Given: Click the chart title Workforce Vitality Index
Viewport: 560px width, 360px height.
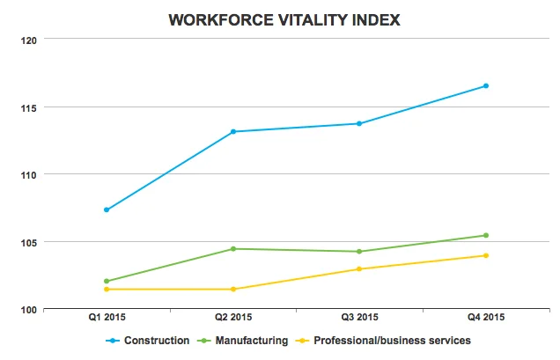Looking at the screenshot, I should click(x=279, y=19).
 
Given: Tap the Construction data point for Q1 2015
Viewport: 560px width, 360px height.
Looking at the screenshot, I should click(x=107, y=209).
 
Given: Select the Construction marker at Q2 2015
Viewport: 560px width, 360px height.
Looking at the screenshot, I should click(x=233, y=131).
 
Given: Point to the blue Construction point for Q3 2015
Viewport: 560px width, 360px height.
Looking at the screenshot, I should click(x=358, y=123).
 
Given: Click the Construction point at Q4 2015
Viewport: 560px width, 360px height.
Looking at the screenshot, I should click(x=485, y=85).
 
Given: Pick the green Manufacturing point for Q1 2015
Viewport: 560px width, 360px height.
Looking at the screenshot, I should click(x=107, y=281).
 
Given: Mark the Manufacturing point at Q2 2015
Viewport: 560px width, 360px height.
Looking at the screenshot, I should click(x=233, y=248).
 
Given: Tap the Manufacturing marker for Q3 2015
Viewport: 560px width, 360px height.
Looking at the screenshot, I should click(x=358, y=251).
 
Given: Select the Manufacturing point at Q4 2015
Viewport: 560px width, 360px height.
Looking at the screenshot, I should click(x=485, y=235).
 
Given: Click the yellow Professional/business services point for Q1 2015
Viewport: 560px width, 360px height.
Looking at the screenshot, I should click(x=107, y=289).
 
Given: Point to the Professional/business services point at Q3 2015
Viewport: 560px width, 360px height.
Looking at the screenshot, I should click(x=358, y=268).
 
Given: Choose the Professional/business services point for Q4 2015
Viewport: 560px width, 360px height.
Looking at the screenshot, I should click(x=485, y=255).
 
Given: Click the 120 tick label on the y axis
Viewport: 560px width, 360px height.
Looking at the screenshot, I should click(x=26, y=40).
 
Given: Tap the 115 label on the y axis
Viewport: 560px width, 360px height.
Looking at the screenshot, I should click(x=26, y=107).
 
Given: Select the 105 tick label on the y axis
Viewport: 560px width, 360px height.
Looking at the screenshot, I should click(x=26, y=242).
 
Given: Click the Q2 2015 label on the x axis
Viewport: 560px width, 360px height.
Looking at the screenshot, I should click(x=233, y=318).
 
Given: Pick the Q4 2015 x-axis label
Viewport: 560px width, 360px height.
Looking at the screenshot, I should click(x=485, y=318).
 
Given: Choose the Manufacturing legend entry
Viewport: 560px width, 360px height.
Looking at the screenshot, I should click(x=243, y=340).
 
